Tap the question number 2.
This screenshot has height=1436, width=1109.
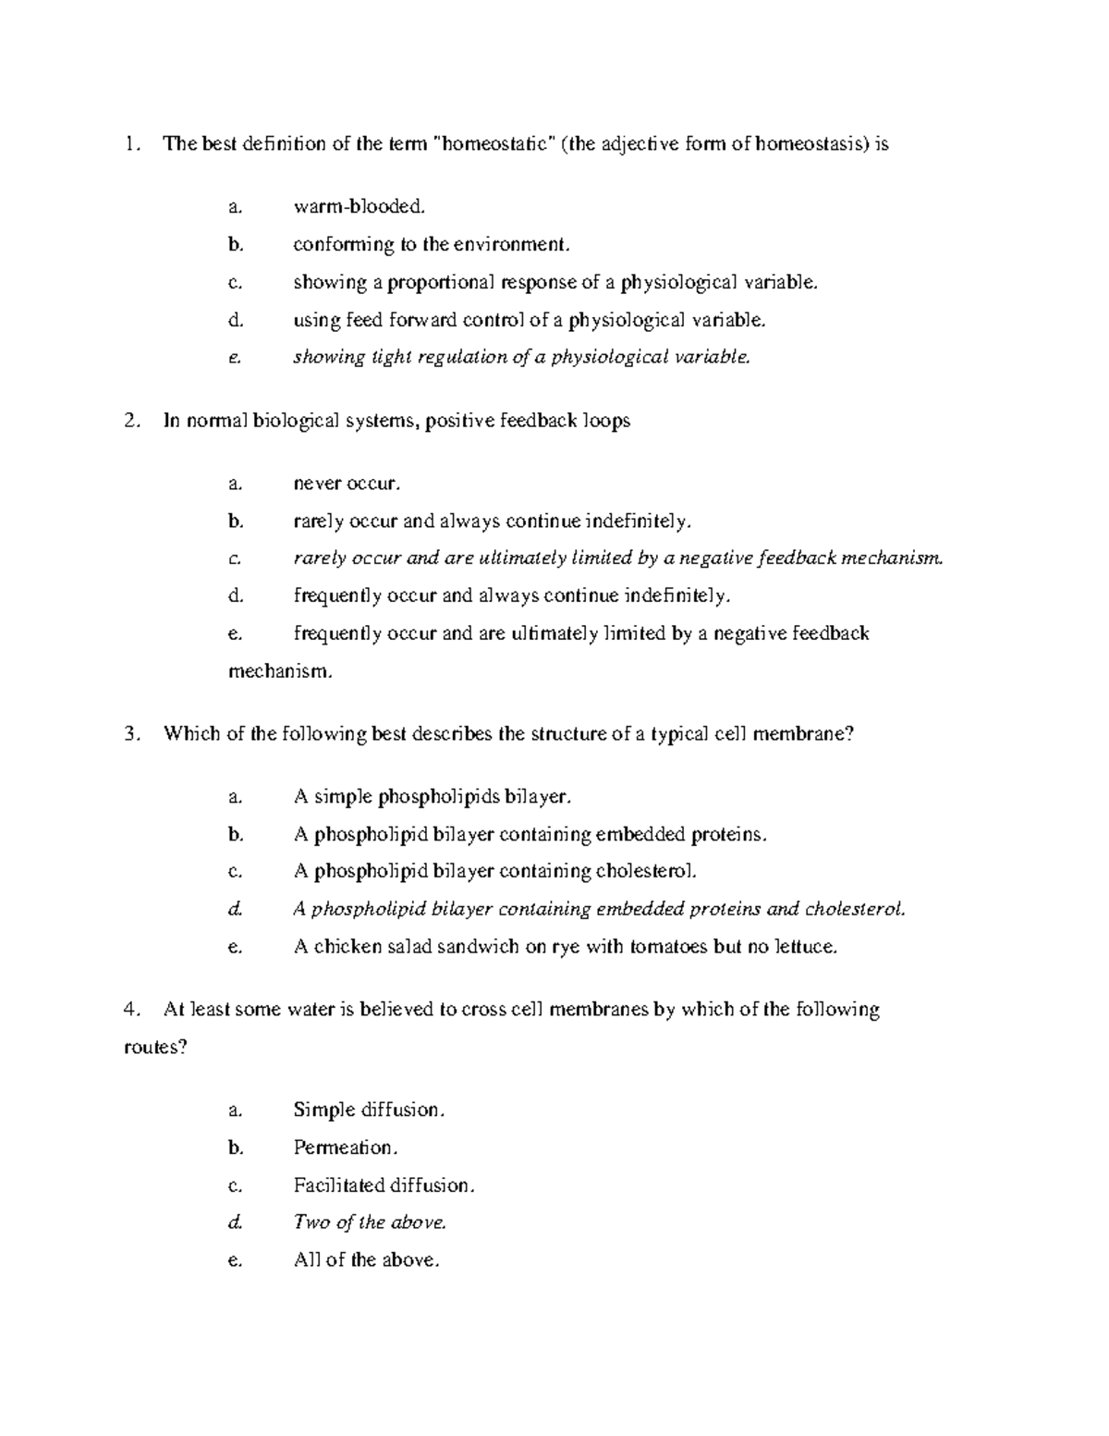tap(131, 421)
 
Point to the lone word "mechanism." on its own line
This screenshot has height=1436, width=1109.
tap(279, 672)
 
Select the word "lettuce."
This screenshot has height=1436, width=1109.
tap(804, 947)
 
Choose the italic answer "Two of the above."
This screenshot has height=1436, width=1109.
tap(370, 1222)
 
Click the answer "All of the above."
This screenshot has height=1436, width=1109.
tap(366, 1260)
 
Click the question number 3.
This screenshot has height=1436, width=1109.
tap(131, 734)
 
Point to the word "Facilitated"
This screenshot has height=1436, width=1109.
tap(337, 1185)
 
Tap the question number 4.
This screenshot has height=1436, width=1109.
tap(131, 1010)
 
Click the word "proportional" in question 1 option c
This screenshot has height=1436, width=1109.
tap(442, 282)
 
